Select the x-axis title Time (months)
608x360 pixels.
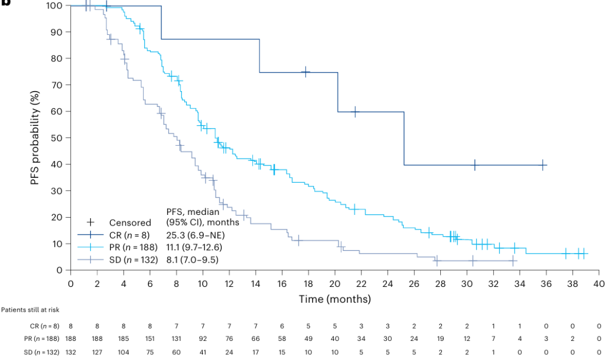334,299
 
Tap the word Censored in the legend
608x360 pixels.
130,223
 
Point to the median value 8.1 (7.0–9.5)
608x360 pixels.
193,259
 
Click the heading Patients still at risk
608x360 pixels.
30,309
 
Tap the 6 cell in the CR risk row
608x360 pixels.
282,326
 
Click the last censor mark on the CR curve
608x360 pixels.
543,165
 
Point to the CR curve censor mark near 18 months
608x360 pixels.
306,72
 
